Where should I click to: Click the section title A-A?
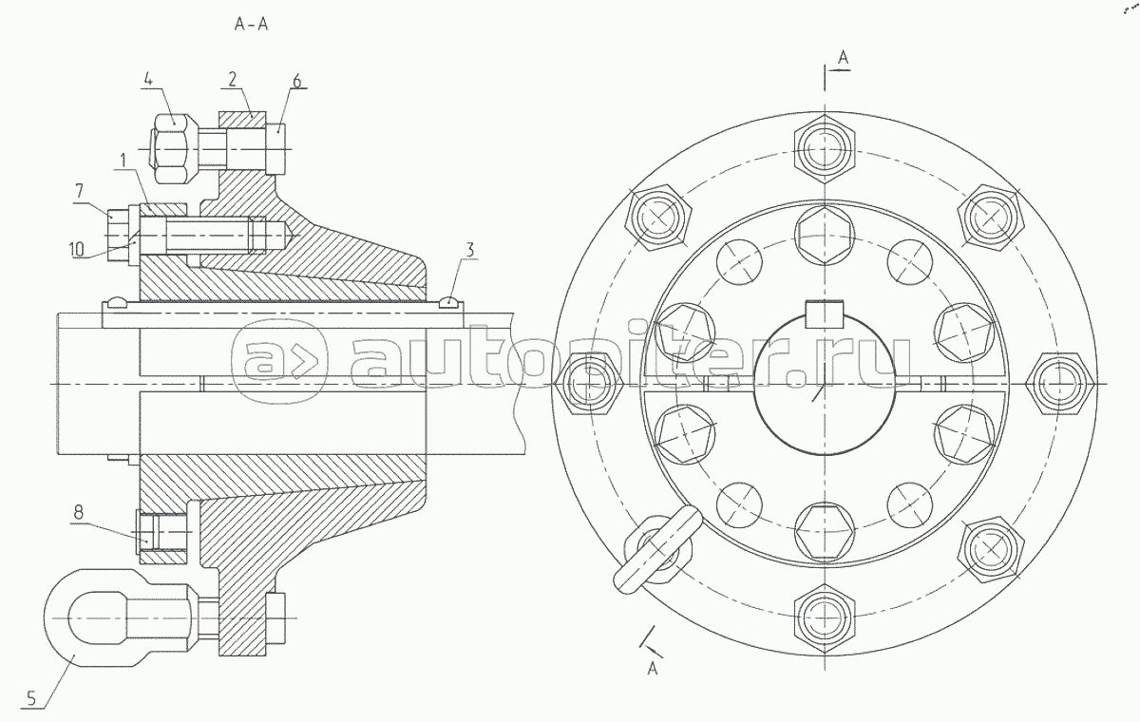[x=251, y=25]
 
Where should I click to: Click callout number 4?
[x=147, y=81]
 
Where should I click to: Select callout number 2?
[x=232, y=80]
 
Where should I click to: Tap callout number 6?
[x=296, y=81]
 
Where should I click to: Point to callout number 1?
[x=123, y=161]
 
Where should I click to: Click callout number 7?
[x=79, y=190]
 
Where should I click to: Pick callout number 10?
[x=76, y=249]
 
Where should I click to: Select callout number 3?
[x=469, y=249]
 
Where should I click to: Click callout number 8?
[x=78, y=512]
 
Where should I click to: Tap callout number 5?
[x=31, y=698]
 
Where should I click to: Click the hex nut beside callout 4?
[x=172, y=148]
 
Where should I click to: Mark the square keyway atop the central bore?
[x=825, y=314]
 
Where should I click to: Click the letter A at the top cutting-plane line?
[x=844, y=58]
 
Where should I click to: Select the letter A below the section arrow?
[x=653, y=669]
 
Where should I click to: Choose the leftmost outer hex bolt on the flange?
[x=589, y=384]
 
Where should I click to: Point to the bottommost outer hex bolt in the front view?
[x=825, y=619]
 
